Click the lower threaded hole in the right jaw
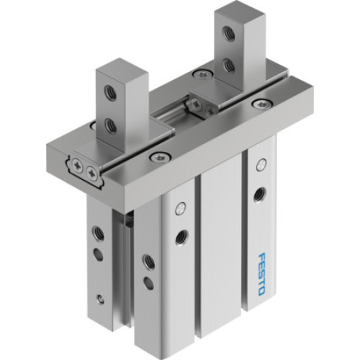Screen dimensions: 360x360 coord(228,65)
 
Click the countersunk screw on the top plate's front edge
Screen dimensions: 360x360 coord(154,156)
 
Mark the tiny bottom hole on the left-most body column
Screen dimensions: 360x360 coord(100,297)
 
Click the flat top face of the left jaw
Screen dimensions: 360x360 coord(124,70)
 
